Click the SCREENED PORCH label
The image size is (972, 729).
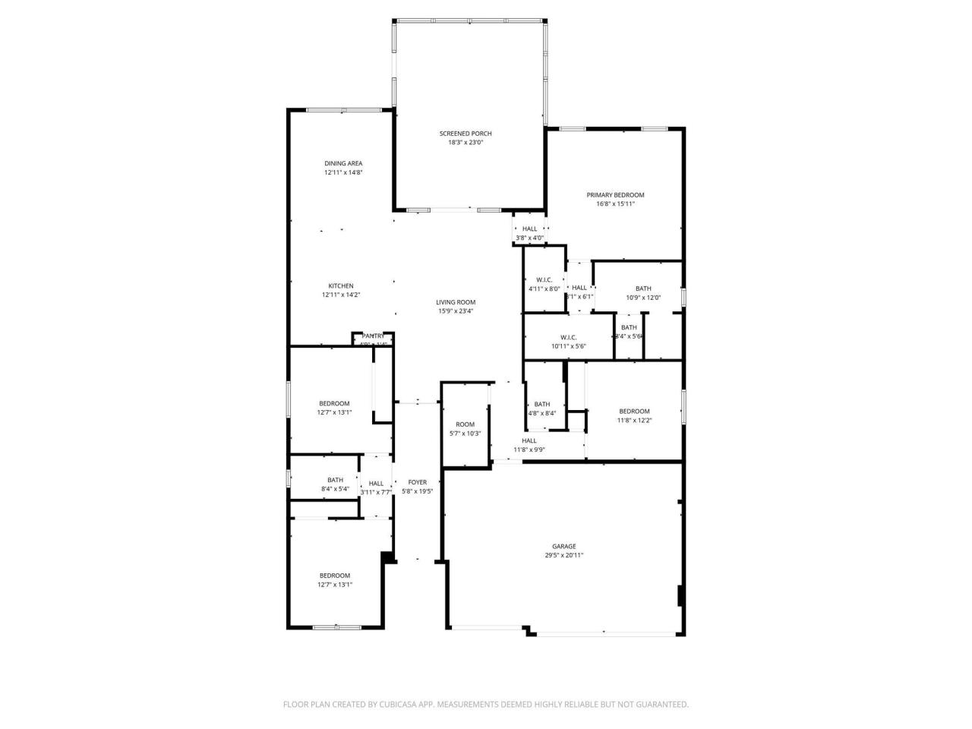click(465, 134)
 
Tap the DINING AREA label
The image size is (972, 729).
click(343, 163)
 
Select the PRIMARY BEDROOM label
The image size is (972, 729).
click(615, 195)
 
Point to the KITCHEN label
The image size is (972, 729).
click(341, 286)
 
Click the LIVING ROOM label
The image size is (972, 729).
click(456, 302)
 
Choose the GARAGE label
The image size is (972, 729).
click(563, 546)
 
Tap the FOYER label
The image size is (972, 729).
click(418, 482)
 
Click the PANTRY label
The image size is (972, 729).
click(373, 336)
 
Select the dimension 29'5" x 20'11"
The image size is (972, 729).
click(563, 555)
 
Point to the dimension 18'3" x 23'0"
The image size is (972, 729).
click(465, 143)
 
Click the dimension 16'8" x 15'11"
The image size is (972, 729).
click(615, 204)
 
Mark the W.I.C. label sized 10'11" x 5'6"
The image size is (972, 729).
click(568, 338)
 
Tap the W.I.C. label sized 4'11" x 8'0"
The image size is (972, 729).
click(544, 280)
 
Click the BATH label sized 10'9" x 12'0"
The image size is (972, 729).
click(643, 289)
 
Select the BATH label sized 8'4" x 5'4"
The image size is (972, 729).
click(335, 480)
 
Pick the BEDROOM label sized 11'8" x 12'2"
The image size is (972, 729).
click(634, 412)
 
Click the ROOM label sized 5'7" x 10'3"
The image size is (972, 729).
click(465, 424)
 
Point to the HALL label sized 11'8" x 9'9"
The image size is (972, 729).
click(529, 440)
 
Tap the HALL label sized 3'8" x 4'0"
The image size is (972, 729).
click(529, 229)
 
